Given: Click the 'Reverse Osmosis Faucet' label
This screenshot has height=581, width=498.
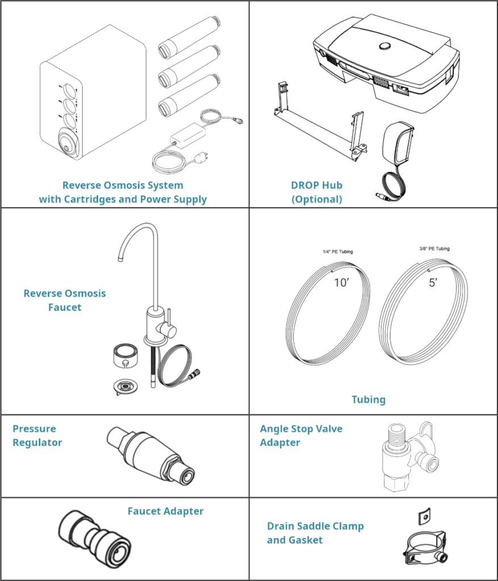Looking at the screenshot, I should (65, 301).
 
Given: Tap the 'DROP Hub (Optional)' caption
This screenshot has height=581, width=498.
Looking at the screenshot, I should (316, 192).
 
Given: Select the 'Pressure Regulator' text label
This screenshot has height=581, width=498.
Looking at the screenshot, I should (37, 436).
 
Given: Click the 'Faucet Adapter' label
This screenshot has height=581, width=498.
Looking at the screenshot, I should (165, 511).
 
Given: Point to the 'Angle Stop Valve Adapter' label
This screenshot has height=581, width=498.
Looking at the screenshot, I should (301, 436).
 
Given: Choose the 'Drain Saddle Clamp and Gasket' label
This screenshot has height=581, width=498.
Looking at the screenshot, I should (315, 533).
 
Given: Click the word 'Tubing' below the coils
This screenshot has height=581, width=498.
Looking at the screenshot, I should (368, 399).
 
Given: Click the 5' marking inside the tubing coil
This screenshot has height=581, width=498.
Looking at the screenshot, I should (433, 283).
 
